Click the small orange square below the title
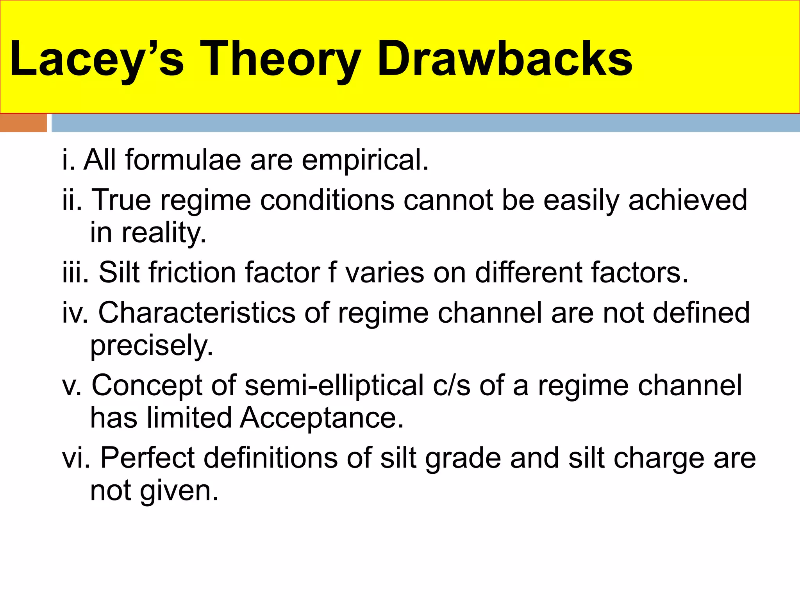(x=23, y=123)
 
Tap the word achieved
(x=688, y=200)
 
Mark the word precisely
(x=152, y=346)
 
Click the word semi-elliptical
(x=334, y=386)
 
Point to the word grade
(x=463, y=459)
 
